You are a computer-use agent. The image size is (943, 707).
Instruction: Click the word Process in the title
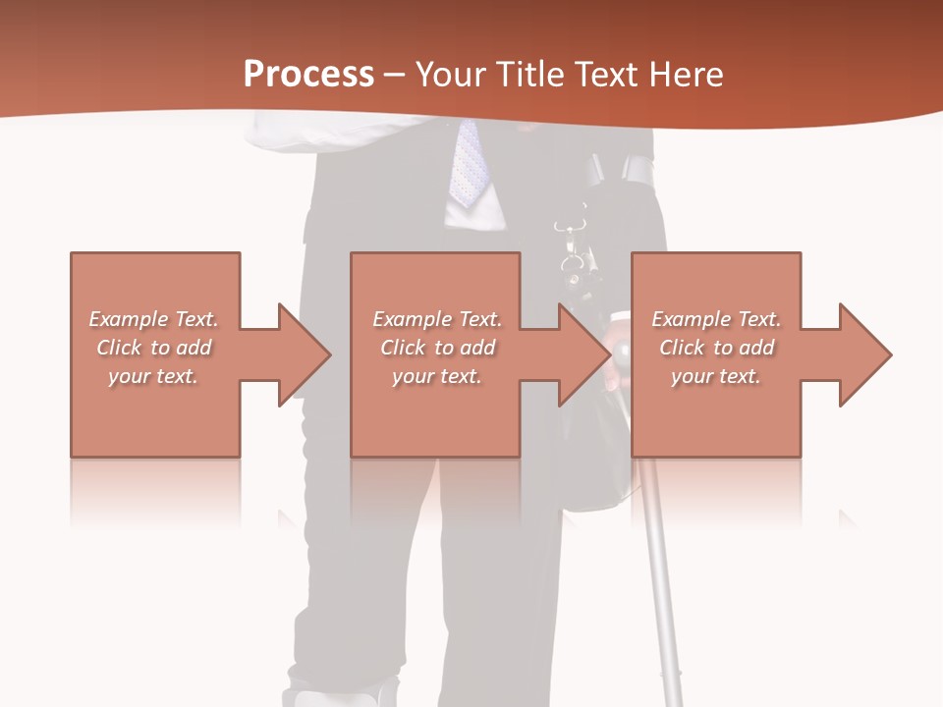[308, 75]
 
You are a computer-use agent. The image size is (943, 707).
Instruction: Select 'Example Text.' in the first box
[153, 319]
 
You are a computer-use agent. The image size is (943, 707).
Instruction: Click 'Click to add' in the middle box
[437, 348]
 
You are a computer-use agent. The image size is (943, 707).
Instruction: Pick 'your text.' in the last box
[716, 376]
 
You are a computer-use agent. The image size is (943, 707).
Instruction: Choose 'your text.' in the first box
[153, 376]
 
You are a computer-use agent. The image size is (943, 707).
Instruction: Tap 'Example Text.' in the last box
[716, 319]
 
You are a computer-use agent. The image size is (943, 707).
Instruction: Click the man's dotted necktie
[468, 162]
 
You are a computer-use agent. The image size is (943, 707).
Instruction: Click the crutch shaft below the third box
[657, 570]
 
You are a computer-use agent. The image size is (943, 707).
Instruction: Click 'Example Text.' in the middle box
[437, 319]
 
